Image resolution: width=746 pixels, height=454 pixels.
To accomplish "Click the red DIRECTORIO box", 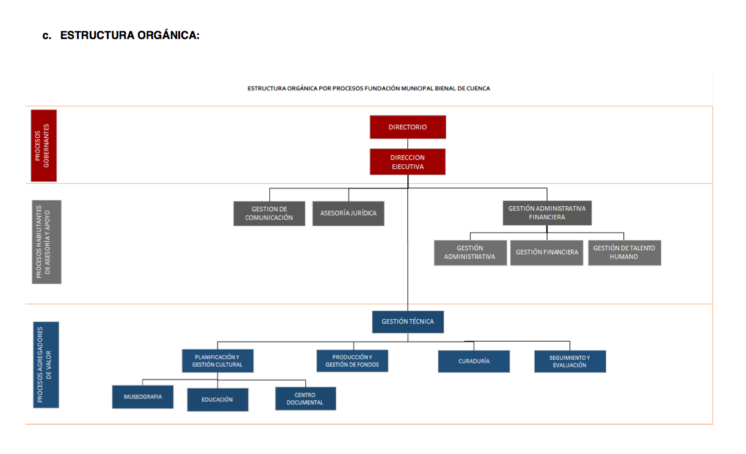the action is [x=408, y=127].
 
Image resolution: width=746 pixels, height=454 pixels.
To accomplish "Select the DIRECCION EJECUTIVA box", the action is [x=407, y=162].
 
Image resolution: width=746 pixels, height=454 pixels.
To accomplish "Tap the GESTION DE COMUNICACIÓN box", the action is [x=269, y=214].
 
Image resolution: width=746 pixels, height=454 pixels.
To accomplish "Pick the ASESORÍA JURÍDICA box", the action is [x=349, y=214].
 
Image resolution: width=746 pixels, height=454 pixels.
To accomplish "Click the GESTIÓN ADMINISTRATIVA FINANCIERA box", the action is [x=547, y=213].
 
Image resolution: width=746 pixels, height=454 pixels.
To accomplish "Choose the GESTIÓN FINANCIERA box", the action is [x=546, y=253].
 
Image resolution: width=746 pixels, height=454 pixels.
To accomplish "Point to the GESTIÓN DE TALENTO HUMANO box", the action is [x=624, y=253].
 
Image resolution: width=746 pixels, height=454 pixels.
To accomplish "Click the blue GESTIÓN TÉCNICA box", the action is [x=408, y=322].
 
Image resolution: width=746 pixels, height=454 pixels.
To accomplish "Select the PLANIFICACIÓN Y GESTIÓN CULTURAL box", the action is [x=217, y=361].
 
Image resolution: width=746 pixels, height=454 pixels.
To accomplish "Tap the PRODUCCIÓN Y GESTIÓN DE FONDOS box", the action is [x=352, y=361].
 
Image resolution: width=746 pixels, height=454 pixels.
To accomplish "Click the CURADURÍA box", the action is [x=474, y=361].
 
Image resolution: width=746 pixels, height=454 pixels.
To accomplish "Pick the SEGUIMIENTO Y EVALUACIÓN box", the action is [x=570, y=361].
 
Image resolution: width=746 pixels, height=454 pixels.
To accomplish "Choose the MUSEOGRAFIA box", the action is [x=142, y=397].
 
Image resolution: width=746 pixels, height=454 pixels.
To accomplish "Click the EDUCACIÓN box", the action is [x=217, y=400].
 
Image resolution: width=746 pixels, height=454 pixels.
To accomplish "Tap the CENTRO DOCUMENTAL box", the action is [x=305, y=398].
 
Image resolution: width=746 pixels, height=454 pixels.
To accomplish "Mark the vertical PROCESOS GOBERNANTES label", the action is [x=43, y=146].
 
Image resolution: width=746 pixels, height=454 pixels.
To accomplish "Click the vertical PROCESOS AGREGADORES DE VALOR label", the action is [x=46, y=365].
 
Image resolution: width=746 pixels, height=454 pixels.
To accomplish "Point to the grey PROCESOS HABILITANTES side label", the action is [x=46, y=242].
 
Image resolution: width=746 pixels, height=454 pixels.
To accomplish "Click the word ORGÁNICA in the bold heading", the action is [x=168, y=35].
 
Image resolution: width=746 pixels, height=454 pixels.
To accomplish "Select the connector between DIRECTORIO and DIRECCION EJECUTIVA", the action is [x=408, y=144].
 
